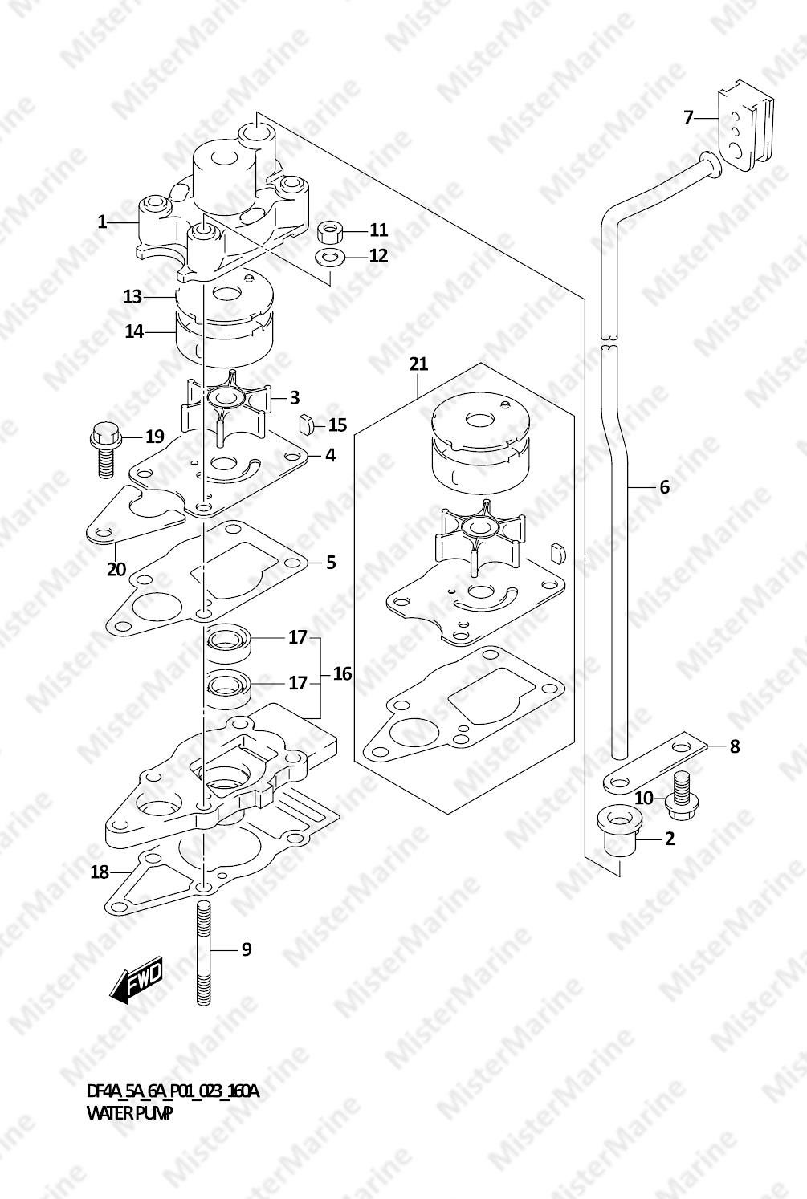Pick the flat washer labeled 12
point(330,258)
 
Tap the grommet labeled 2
point(617,836)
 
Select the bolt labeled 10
point(683,791)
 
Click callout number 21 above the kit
point(418,364)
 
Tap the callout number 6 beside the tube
point(664,486)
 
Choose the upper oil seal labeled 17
point(230,641)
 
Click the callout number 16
point(342,673)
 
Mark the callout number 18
point(99,871)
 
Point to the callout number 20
point(116,569)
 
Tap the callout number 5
point(331,563)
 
